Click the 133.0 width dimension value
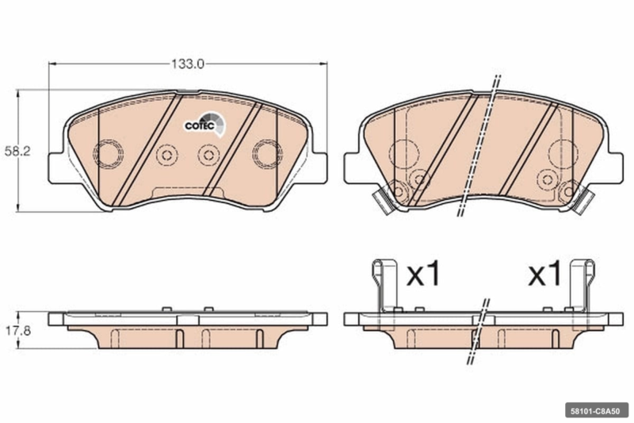click(188, 64)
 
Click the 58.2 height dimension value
click(17, 152)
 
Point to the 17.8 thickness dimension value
click(17, 331)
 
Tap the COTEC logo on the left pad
click(204, 124)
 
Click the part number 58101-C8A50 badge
click(597, 411)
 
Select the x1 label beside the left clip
click(422, 275)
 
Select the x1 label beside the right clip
click(544, 275)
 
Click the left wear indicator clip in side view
click(384, 286)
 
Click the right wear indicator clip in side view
click(582, 286)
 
